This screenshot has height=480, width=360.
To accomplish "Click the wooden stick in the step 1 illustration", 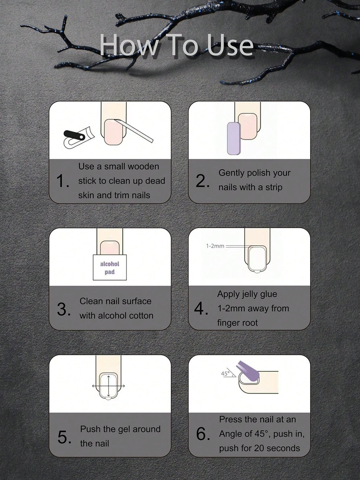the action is click(134, 131).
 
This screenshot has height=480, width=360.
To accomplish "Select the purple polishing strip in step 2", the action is click(234, 138).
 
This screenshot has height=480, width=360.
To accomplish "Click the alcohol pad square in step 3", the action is click(110, 267).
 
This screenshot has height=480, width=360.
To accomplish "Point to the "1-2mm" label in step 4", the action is click(215, 246).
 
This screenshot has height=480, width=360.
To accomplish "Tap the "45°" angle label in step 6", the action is click(225, 373).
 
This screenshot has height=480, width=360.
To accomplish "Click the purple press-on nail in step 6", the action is click(248, 373).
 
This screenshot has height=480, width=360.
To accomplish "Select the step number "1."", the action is click(63, 181).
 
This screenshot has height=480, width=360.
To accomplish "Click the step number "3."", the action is click(64, 309).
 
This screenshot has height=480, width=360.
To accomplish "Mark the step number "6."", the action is click(203, 434).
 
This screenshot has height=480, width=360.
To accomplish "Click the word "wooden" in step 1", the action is click(143, 166).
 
